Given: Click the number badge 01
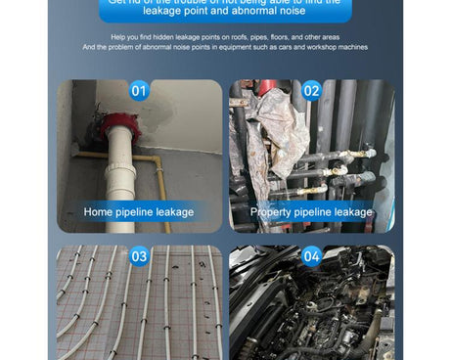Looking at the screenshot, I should point(139,91).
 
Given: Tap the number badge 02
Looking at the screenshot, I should point(311,91).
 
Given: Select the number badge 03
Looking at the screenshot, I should point(139,256).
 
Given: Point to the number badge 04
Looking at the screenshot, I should point(311,256).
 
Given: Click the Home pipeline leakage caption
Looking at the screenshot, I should point(138,211).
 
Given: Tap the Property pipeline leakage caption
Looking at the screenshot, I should point(311,211).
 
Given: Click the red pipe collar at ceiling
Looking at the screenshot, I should point(120,126).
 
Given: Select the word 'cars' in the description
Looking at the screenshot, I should point(299,47).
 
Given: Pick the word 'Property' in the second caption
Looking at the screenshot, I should point(270,211).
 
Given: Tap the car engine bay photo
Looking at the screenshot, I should point(311,313).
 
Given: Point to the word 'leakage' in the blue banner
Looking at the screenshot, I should point(192,11).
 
